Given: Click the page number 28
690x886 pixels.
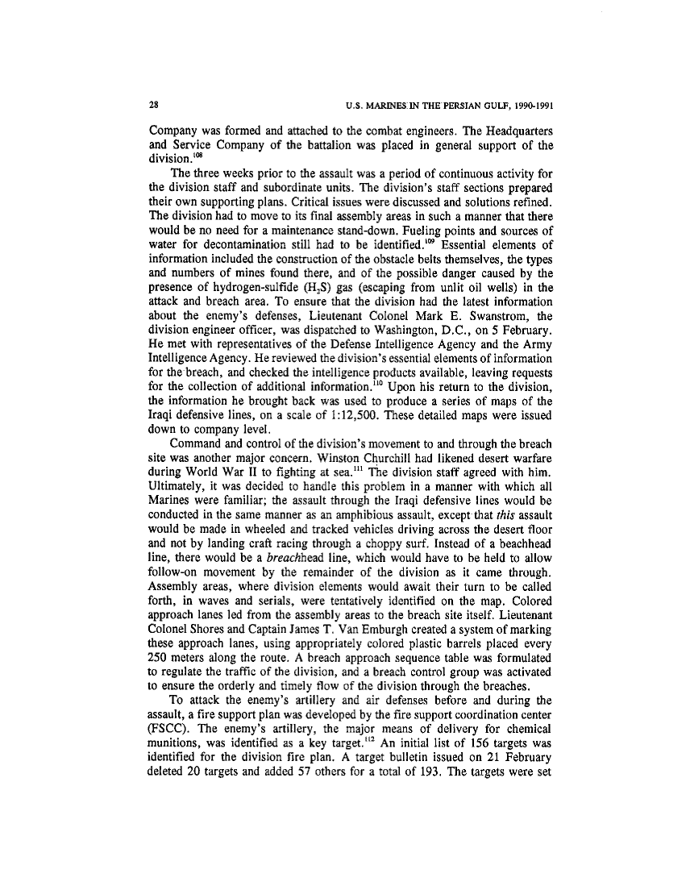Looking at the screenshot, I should (x=154, y=104).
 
